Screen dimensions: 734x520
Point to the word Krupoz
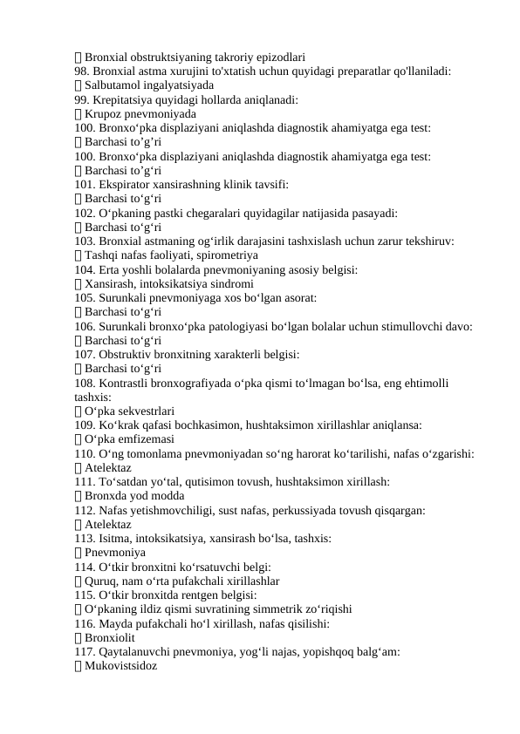coord(105,113)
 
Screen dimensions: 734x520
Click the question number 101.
coord(85,184)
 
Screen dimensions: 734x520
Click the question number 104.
coord(85,269)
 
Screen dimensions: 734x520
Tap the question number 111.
coord(85,480)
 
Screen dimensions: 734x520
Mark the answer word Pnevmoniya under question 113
coord(115,552)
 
